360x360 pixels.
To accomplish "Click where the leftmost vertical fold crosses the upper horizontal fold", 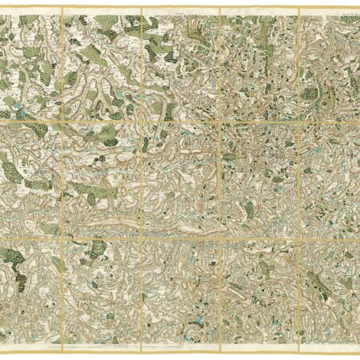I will point(62,119).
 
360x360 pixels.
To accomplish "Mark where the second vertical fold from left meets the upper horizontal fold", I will point(142,119).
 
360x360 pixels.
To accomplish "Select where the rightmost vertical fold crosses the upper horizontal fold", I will point(298,119).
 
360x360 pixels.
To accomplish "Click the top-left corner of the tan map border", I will point(2,7).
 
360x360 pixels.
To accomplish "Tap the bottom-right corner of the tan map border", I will point(358,352).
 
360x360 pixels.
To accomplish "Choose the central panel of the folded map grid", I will point(181,177).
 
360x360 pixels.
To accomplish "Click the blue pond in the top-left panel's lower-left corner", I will point(11,104).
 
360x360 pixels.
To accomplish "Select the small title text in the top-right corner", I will point(344,10).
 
